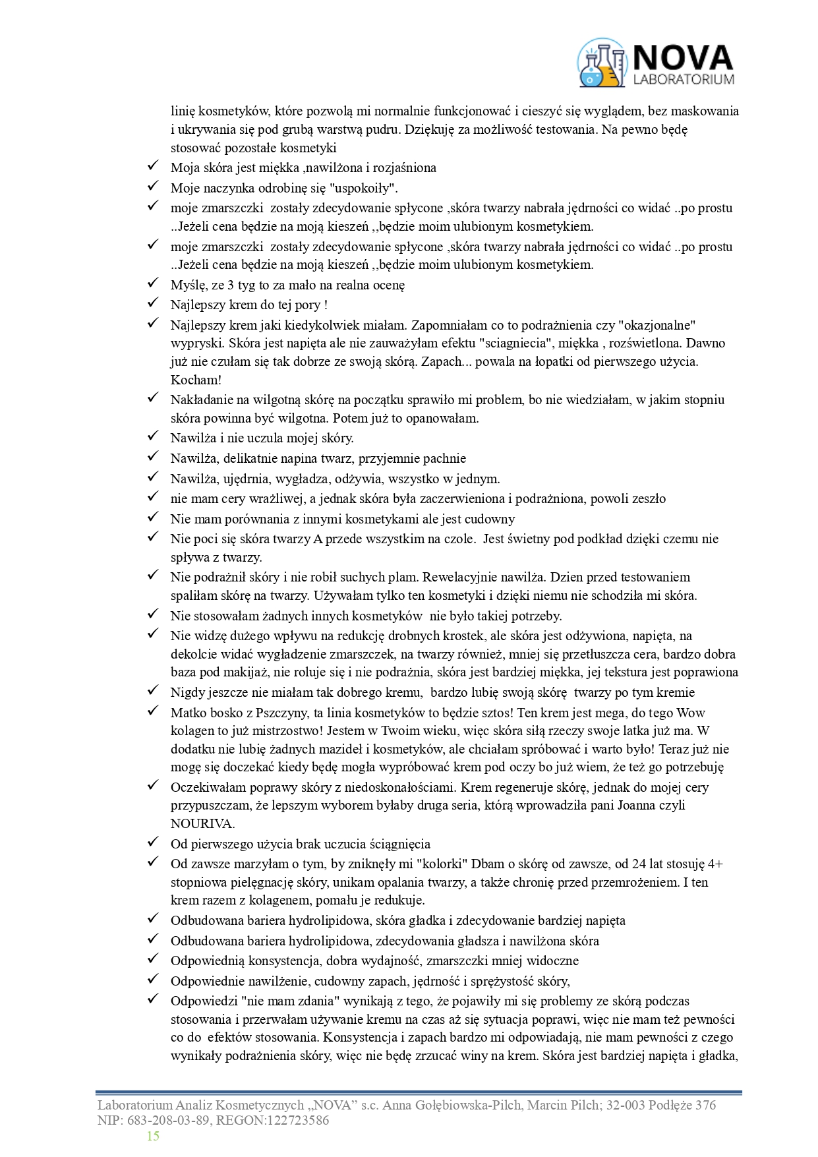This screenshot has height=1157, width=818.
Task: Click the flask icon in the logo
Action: coord(600,63)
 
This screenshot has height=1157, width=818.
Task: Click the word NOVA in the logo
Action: coord(682,58)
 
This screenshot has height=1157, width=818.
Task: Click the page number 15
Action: coord(153,1136)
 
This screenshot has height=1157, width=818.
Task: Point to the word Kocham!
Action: coord(196,380)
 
